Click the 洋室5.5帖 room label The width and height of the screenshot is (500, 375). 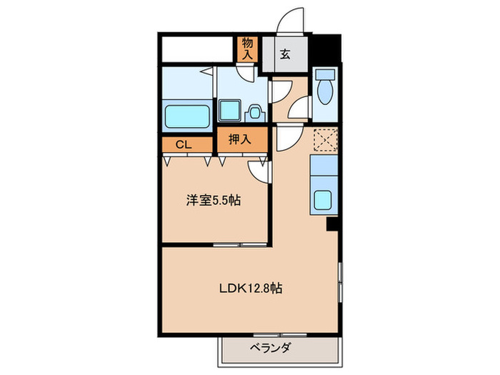pyautogui.click(x=214, y=201)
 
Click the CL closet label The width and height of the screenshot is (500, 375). pyautogui.click(x=184, y=144)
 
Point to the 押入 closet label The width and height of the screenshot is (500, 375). pyautogui.click(x=239, y=140)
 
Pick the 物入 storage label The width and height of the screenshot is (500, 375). pyautogui.click(x=247, y=49)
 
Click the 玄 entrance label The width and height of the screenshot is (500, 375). pyautogui.click(x=284, y=54)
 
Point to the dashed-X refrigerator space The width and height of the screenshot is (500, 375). pyautogui.click(x=326, y=141)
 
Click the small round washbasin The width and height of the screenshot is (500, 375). pyautogui.click(x=254, y=112)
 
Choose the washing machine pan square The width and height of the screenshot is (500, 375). pyautogui.click(x=229, y=111)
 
